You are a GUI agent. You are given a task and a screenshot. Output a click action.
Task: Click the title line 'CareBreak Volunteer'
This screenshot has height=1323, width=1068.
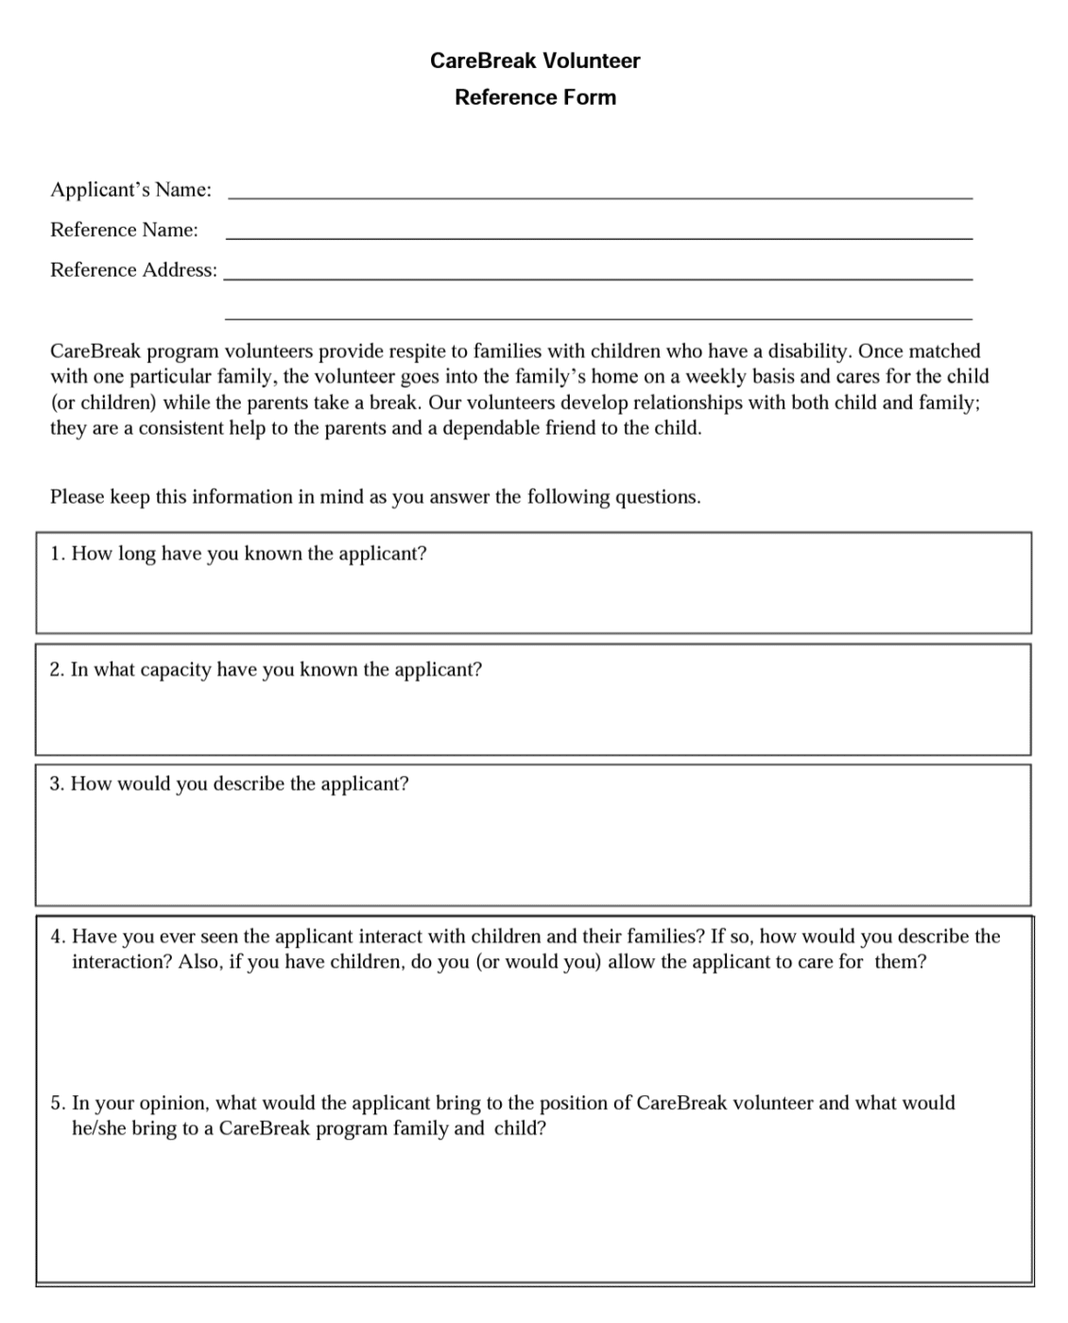click(535, 60)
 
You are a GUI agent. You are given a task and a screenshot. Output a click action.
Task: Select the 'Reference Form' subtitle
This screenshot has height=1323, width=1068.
click(535, 97)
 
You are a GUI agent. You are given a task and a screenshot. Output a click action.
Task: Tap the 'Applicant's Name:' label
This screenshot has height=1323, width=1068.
click(130, 190)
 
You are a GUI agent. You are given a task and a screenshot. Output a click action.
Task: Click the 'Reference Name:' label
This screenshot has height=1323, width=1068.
click(124, 230)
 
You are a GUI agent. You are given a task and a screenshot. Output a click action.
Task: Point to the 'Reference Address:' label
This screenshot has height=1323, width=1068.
click(133, 270)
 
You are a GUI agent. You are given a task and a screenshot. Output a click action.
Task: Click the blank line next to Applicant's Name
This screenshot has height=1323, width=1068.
click(600, 196)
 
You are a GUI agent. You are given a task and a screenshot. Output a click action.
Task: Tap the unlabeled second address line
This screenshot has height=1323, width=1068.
click(598, 317)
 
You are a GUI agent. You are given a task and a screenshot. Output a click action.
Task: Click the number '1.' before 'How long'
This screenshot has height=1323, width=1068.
click(58, 554)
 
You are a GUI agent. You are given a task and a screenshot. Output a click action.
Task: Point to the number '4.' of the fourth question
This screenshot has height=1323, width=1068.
click(58, 936)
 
